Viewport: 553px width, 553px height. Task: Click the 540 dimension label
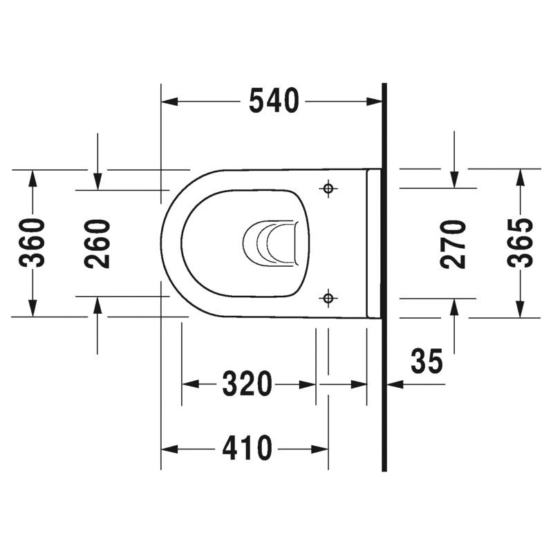click(x=274, y=102)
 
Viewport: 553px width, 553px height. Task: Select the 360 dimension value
click(x=32, y=243)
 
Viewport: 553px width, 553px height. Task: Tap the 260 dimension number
click(x=97, y=243)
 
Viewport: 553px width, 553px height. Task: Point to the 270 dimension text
click(x=453, y=243)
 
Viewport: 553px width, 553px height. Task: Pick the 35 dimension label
click(x=427, y=361)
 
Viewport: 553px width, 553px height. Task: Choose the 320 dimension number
click(x=247, y=384)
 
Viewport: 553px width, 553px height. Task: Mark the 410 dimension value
click(x=247, y=449)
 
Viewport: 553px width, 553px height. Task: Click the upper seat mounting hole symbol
click(x=328, y=188)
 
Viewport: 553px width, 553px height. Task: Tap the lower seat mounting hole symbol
click(x=328, y=298)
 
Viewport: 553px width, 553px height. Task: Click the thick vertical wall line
click(x=384, y=276)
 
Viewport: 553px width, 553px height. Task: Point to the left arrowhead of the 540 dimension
click(x=169, y=102)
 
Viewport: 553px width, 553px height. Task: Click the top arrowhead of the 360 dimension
click(x=32, y=176)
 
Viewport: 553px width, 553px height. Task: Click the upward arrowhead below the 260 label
click(x=97, y=305)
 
